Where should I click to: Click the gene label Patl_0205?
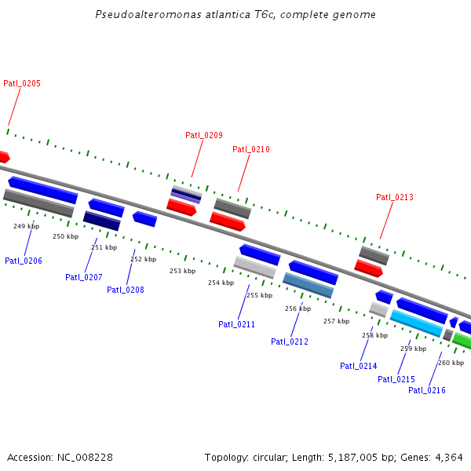click(22, 83)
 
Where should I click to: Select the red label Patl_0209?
click(204, 135)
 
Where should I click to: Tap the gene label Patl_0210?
click(251, 149)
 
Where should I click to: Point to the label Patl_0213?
click(394, 197)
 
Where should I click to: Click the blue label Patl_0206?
click(24, 261)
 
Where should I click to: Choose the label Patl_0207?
click(84, 277)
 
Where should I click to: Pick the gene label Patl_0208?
click(126, 290)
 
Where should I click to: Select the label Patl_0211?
click(236, 324)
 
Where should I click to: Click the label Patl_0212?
click(290, 341)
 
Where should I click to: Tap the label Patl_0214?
click(359, 366)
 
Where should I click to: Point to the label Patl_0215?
click(396, 379)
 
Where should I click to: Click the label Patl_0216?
click(427, 390)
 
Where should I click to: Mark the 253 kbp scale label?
click(182, 271)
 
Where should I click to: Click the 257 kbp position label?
click(336, 321)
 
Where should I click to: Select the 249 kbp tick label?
click(26, 226)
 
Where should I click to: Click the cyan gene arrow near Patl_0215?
click(417, 323)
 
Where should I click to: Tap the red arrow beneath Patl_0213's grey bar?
click(368, 268)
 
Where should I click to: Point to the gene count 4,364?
click(448, 457)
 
